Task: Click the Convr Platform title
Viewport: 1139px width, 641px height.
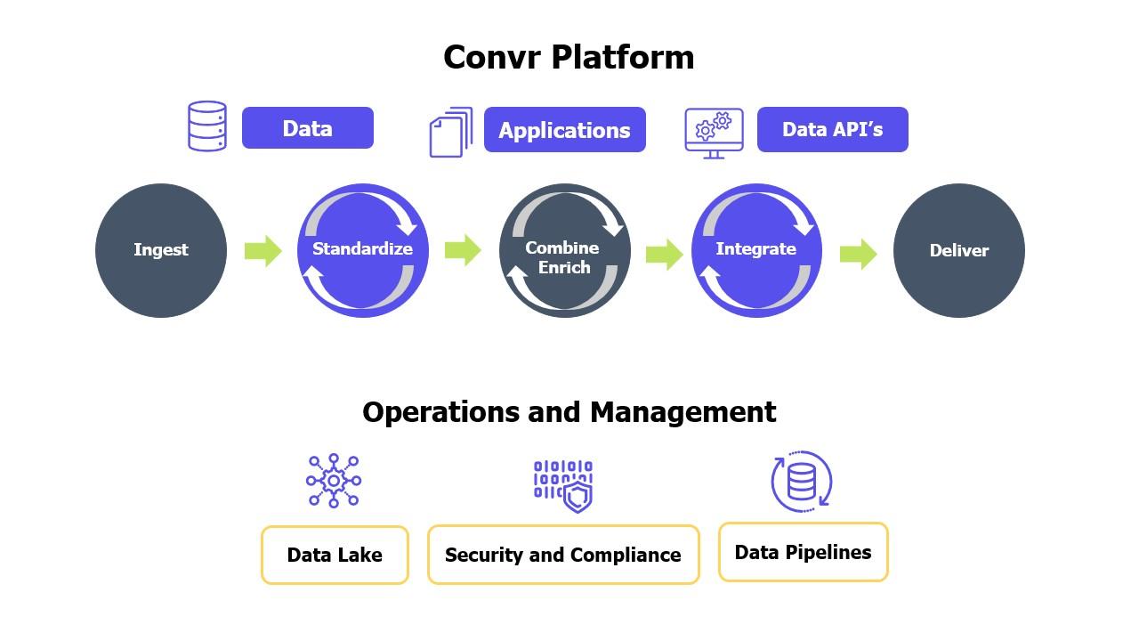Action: coord(569,57)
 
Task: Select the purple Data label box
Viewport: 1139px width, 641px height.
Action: coord(307,128)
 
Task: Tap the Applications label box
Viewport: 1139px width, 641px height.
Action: coord(564,130)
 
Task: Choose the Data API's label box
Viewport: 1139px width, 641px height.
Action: coord(832,130)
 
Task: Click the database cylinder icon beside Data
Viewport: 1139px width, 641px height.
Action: coord(207,126)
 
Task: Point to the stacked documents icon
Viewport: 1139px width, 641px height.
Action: coord(451,132)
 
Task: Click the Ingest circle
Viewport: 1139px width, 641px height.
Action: coord(161,250)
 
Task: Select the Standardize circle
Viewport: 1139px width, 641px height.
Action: coord(362,250)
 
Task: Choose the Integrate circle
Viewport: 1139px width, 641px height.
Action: coord(756,250)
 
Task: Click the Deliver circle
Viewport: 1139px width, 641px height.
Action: coord(958,251)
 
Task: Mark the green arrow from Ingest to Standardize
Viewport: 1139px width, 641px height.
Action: coord(263,250)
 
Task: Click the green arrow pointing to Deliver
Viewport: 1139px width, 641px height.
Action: coord(858,254)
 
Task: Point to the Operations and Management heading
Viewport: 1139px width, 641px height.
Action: coord(569,412)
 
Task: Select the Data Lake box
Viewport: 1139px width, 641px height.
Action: coord(335,555)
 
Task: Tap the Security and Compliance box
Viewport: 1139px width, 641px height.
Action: coord(563,555)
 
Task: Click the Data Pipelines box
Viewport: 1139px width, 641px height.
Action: coord(803,552)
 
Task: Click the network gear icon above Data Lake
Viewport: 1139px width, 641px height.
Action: coord(334,481)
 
